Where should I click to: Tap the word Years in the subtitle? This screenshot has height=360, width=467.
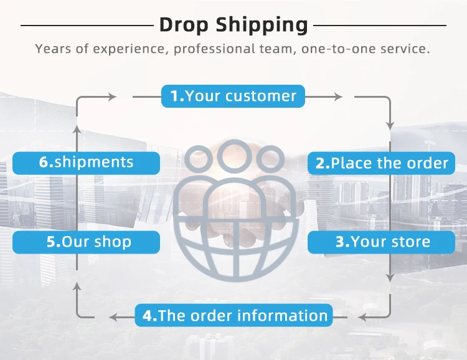tap(54, 49)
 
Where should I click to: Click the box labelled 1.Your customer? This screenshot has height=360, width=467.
tap(233, 96)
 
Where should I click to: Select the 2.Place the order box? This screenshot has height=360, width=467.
tap(382, 163)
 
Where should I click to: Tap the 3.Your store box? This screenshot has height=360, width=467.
tap(382, 242)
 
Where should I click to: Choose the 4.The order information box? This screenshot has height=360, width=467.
tap(233, 315)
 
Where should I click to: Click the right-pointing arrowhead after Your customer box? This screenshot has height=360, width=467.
tap(339, 97)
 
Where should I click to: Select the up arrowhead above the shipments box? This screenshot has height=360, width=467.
tap(77, 130)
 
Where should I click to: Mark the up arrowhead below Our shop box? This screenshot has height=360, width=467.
tap(77, 287)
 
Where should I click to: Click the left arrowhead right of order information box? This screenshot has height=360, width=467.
tap(363, 317)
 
